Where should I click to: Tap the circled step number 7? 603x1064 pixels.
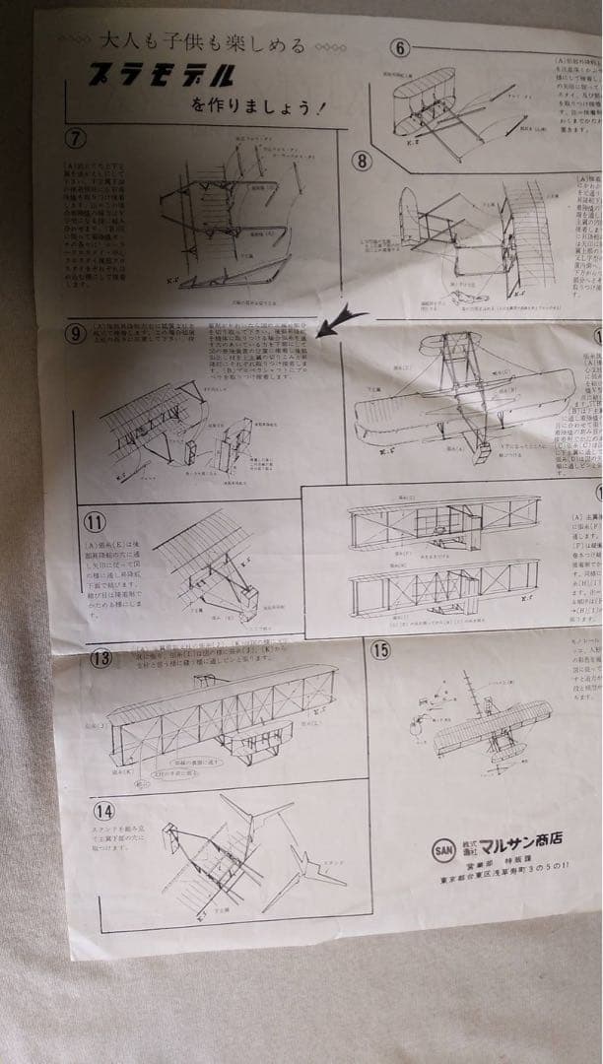(74, 137)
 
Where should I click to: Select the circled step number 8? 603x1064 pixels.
(362, 159)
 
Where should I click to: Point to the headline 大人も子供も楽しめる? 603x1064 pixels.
(204, 44)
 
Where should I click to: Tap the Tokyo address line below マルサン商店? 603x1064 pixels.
(513, 890)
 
